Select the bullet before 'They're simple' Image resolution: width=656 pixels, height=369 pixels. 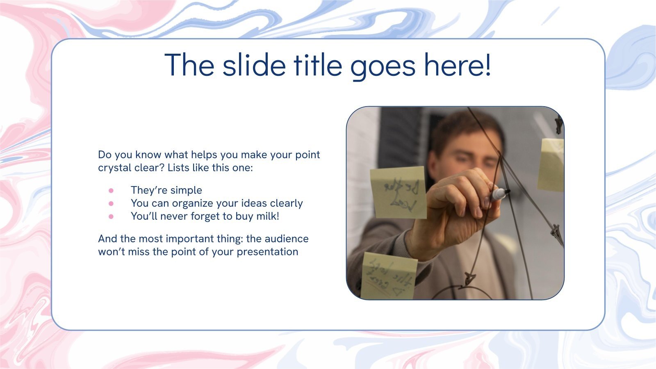click(x=111, y=190)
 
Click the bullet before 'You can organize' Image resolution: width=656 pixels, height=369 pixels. click(x=111, y=203)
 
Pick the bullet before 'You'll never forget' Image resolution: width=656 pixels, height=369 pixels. click(x=111, y=216)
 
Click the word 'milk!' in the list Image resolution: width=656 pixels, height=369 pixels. click(x=268, y=216)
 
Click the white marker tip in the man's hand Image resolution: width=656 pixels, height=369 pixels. click(x=499, y=194)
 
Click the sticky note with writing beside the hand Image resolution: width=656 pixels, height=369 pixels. click(x=398, y=192)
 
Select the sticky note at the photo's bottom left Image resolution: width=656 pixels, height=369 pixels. click(x=387, y=276)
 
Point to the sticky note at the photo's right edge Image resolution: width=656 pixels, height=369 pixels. click(x=551, y=165)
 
